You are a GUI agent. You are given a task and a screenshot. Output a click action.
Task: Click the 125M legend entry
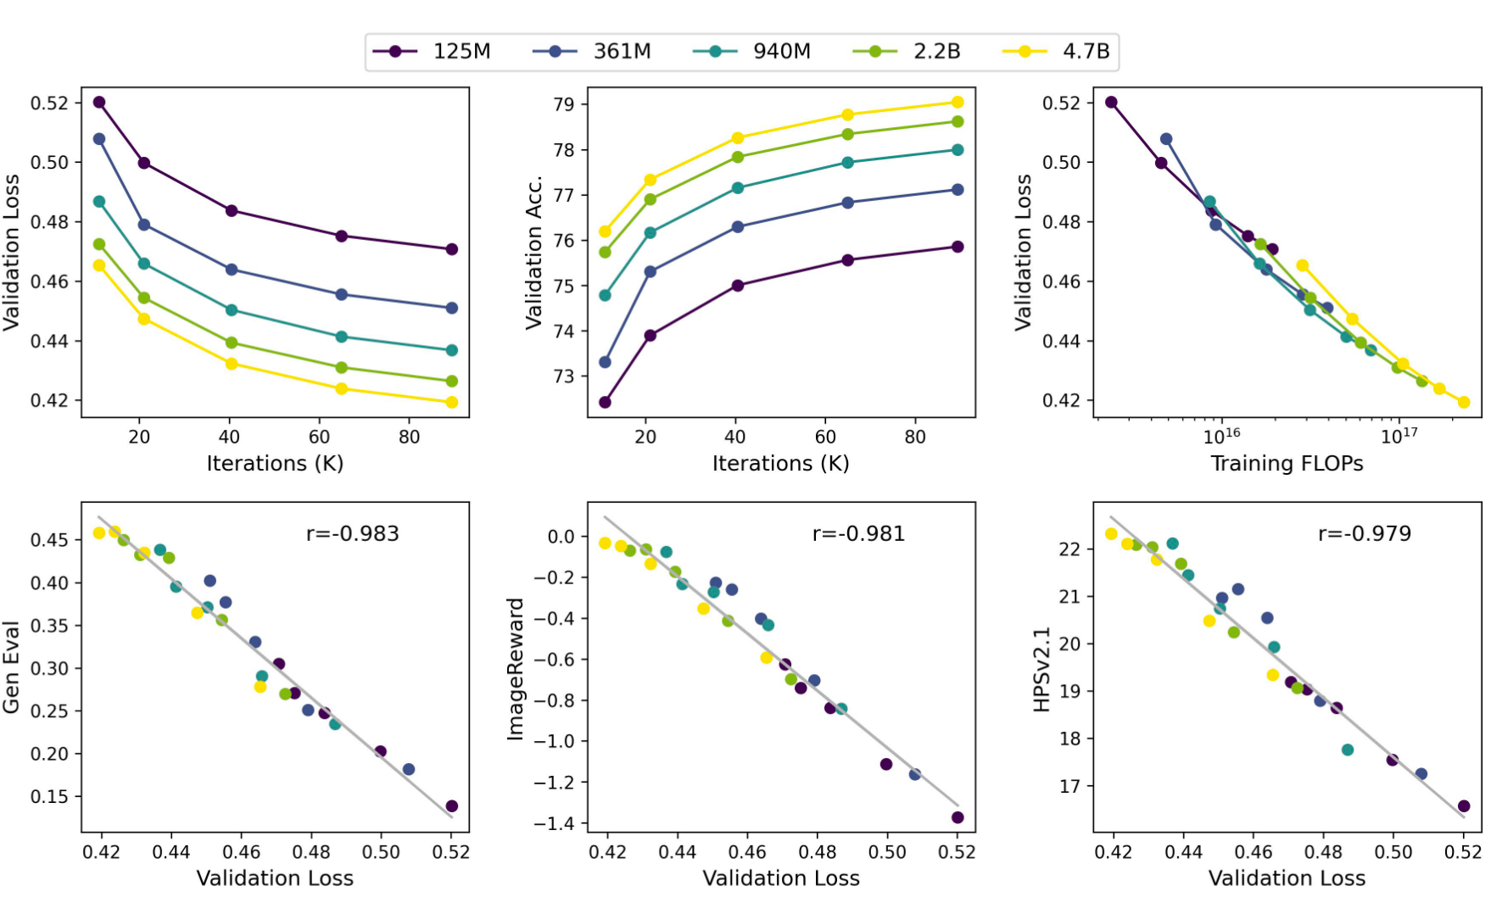coord(433,52)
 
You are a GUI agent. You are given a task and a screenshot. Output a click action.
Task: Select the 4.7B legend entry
coord(1057,52)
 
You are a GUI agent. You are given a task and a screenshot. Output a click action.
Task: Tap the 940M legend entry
coord(752,52)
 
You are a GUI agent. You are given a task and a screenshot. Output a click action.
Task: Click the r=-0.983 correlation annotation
coord(352,534)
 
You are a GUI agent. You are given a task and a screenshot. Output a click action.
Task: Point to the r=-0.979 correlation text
coord(1365,534)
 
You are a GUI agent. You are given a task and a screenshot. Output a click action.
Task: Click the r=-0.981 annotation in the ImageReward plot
coord(858,534)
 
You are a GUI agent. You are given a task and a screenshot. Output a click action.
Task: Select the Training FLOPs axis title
coord(1287,464)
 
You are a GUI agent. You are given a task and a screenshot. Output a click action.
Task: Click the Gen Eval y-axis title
coord(12,667)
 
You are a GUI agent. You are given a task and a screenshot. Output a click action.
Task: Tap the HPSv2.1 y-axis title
coord(1042,670)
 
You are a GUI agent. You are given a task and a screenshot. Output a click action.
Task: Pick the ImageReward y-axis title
coord(515,669)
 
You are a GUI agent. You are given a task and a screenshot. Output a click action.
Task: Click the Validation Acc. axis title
coord(533,252)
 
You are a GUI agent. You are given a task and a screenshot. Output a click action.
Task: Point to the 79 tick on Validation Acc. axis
coord(564,105)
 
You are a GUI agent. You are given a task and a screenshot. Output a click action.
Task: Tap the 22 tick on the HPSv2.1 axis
coord(1069,549)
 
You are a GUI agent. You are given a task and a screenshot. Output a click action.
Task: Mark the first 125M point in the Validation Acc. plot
coord(605,402)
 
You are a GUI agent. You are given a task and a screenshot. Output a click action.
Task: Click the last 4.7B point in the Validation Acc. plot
coord(958,103)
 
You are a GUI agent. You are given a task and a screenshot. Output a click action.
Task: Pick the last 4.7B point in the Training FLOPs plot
coord(1464,402)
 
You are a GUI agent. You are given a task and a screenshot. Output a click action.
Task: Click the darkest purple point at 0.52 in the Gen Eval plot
coord(451,806)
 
